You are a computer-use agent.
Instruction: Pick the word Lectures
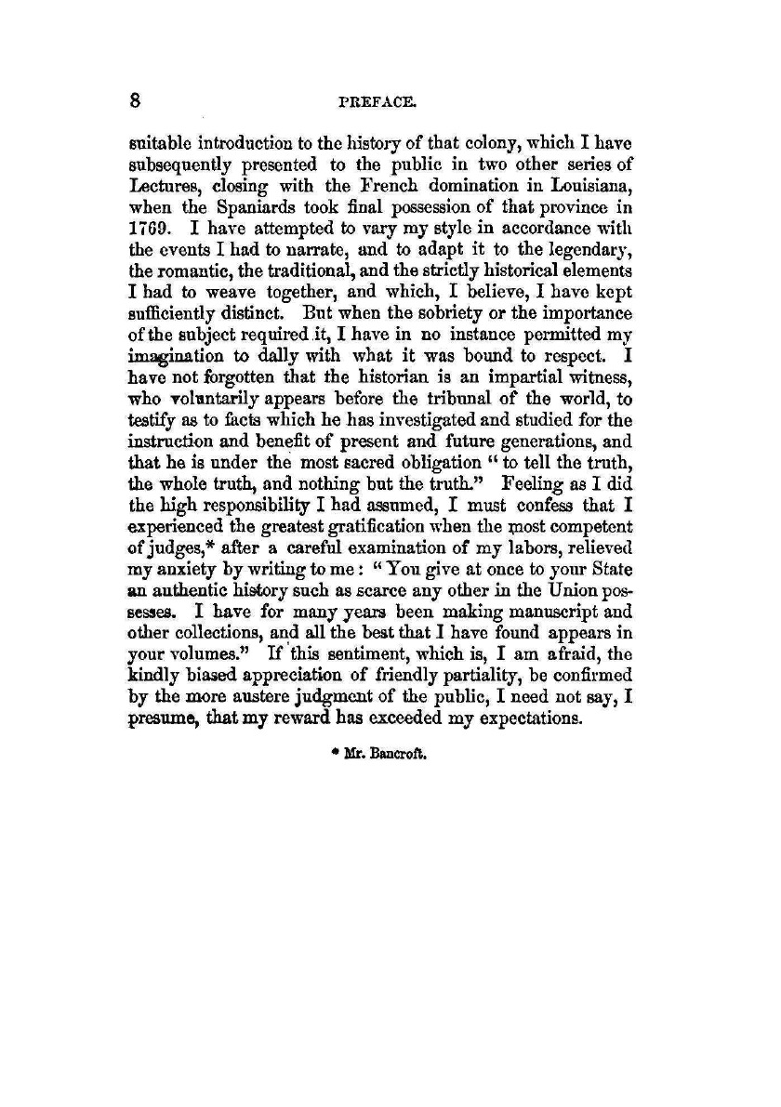155,182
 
